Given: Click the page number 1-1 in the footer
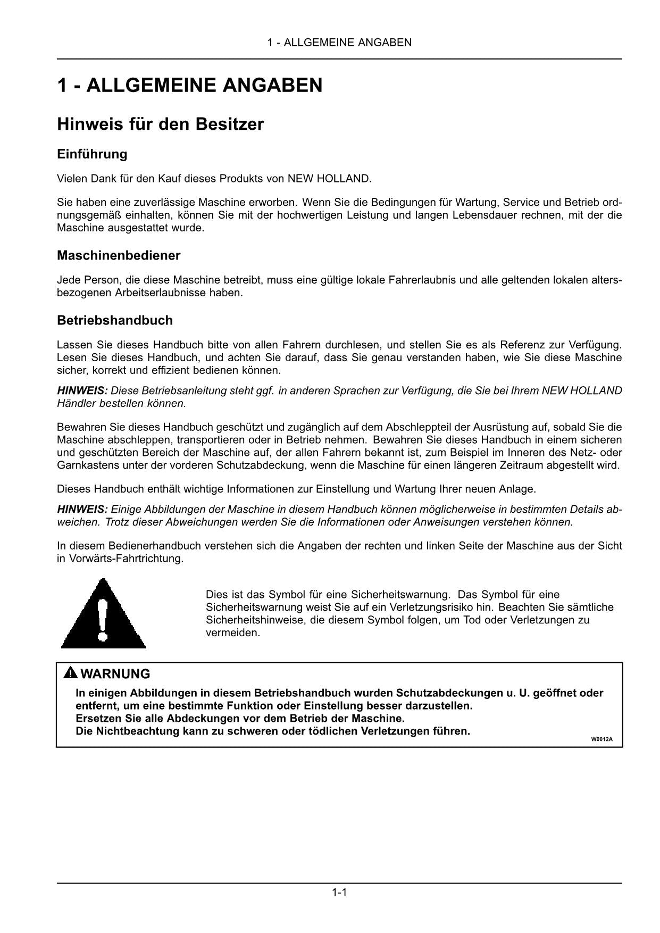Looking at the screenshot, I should tap(339, 893).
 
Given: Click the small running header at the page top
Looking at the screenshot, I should tap(339, 43).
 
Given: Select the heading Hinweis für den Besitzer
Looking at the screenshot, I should tap(160, 124).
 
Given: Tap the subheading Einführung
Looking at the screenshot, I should tap(92, 154).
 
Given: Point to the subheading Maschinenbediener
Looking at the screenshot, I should tap(119, 255).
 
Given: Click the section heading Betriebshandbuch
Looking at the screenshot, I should tap(115, 320).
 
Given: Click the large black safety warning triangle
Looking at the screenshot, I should tap(104, 614).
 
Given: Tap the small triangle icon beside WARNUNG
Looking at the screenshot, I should tap(70, 673).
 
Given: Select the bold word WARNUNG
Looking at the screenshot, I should tap(115, 674).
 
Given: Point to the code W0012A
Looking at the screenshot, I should tap(598, 739).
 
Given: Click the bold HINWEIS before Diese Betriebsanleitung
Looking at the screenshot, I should tap(82, 390).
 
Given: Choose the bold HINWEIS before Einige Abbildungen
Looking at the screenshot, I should tap(82, 509).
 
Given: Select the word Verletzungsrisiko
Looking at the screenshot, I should tap(431, 607).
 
